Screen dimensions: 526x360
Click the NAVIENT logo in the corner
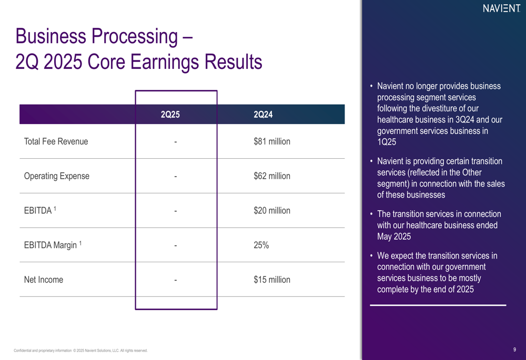click(501, 8)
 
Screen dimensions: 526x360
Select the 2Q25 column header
click(170, 115)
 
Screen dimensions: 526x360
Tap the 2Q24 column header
click(263, 115)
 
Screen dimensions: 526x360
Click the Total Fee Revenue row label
click(56, 141)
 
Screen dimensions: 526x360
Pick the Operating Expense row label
click(57, 176)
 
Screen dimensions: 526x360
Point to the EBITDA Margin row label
click(53, 245)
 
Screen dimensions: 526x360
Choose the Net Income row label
click(44, 280)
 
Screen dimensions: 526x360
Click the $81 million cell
click(272, 141)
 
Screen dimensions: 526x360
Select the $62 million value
click(272, 176)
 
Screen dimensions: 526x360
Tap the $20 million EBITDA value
click(272, 211)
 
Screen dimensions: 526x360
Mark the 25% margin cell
click(261, 245)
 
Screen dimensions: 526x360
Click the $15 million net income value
click(272, 280)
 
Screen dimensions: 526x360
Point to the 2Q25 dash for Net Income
click(176, 280)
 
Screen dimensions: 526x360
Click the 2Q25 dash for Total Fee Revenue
click(176, 142)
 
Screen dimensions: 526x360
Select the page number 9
click(514, 349)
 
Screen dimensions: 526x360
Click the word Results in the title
click(234, 62)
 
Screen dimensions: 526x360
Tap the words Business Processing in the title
click(97, 36)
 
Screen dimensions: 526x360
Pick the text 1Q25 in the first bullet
click(387, 142)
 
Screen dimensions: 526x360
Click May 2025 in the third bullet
click(394, 236)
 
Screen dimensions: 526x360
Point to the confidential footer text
click(80, 351)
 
